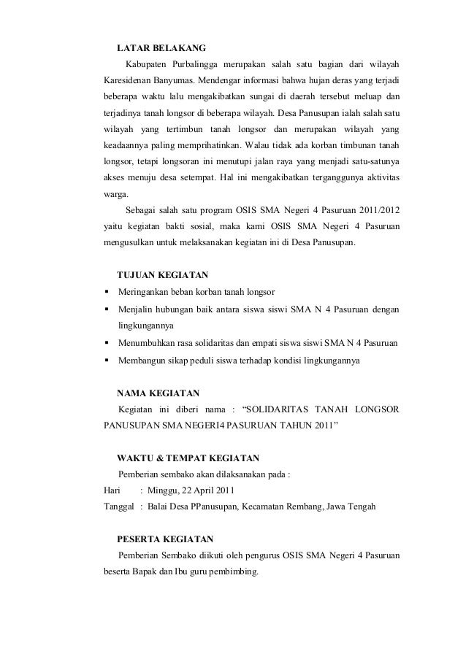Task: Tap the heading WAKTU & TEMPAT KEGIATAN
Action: pos(187,458)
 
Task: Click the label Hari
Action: pos(114,490)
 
